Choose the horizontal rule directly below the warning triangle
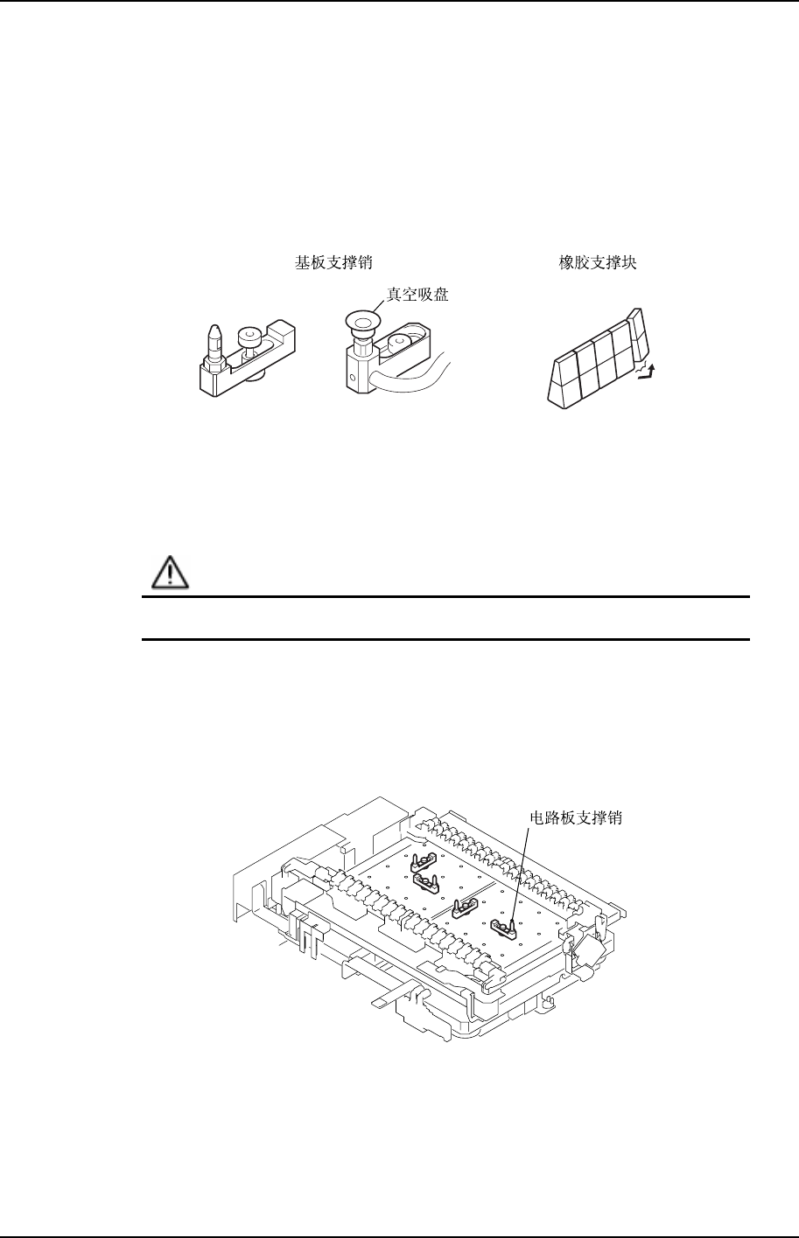(446, 597)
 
